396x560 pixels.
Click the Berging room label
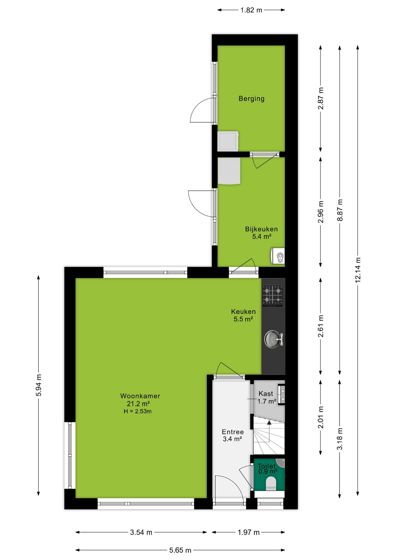point(251,99)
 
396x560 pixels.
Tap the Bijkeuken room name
point(261,229)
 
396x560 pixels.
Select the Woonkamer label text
point(140,396)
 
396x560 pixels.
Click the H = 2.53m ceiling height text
point(138,412)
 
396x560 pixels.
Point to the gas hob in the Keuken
point(272,295)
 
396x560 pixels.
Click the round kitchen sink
point(273,339)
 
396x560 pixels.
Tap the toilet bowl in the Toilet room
point(271,484)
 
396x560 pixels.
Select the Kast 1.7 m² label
point(267,398)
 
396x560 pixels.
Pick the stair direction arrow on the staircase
point(269,423)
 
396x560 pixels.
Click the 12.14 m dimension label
point(358,270)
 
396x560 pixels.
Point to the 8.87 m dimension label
point(340,210)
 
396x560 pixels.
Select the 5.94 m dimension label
point(38,385)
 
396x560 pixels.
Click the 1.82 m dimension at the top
point(251,10)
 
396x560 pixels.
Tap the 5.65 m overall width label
point(180,550)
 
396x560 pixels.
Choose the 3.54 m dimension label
point(141,533)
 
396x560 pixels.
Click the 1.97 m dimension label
point(248,533)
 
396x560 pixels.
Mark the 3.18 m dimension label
point(340,439)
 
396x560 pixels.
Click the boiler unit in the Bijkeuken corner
point(278,256)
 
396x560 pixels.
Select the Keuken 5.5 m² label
point(243,315)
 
